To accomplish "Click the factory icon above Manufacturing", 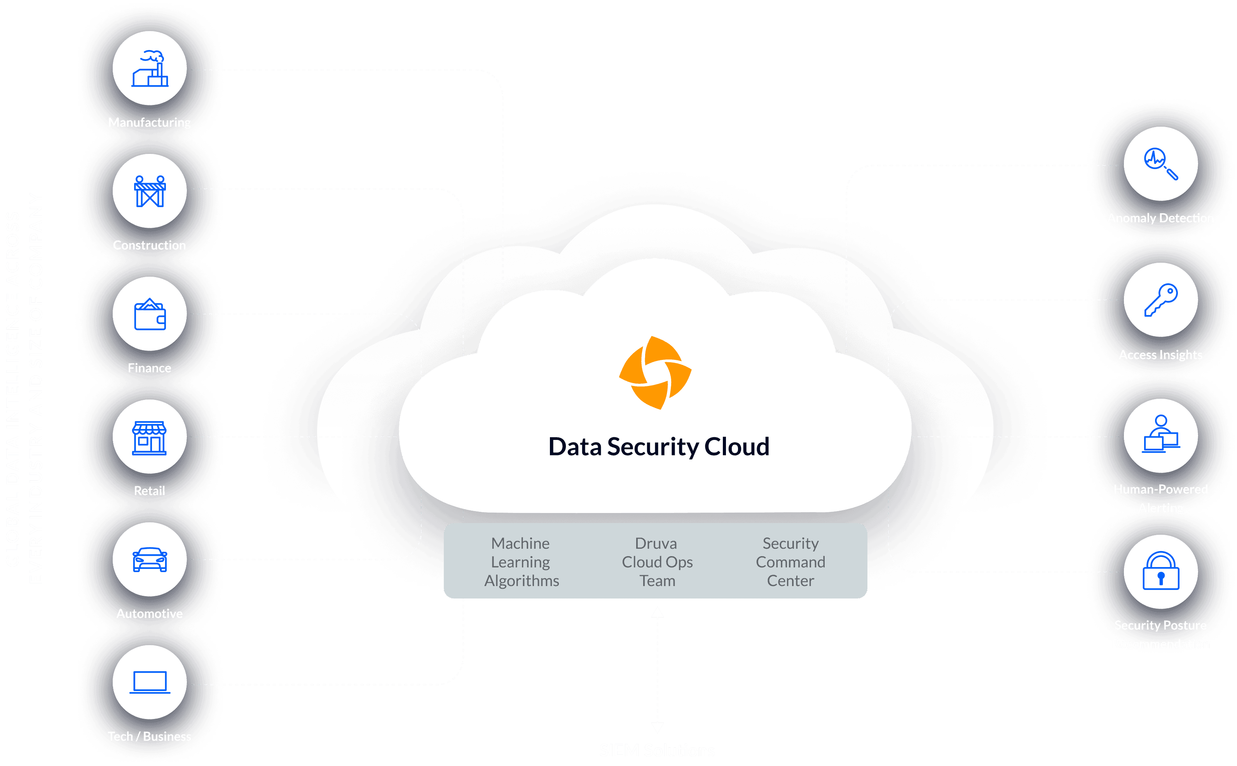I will click(150, 69).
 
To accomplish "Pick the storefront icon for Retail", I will click(150, 437).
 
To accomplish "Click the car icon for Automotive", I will click(150, 559).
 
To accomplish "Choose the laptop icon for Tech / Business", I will click(150, 682).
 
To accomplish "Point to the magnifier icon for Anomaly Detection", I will click(1160, 164).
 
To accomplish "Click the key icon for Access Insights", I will click(1160, 300).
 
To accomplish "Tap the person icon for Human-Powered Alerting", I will click(1160, 434).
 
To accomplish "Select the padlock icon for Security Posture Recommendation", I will click(1160, 571).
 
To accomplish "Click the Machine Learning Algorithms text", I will click(521, 562).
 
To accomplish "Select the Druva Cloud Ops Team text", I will click(657, 562).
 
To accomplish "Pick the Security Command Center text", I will click(790, 562).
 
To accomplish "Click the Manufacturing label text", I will click(150, 122).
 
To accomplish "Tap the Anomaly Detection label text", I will click(1160, 218).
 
